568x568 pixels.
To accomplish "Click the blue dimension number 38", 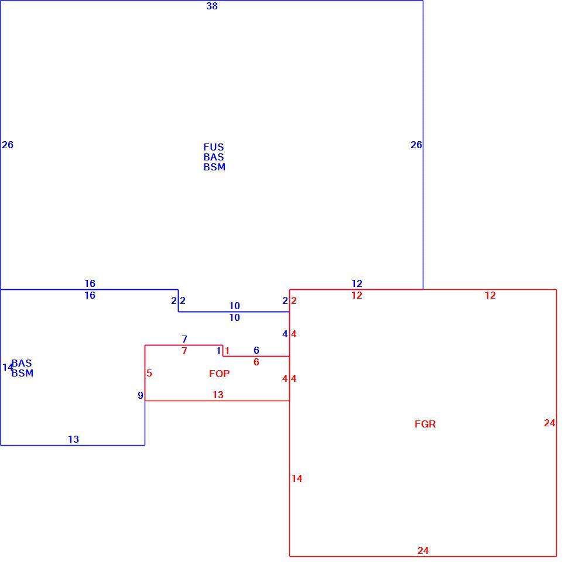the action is pos(212,6).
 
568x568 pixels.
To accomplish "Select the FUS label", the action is pos(214,147).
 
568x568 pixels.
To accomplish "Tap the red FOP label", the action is pos(219,374).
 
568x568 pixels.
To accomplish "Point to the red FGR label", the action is pos(425,424).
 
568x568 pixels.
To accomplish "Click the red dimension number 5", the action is pos(149,373).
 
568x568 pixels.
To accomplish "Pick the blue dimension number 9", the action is pos(141,396).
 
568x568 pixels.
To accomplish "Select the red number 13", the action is pos(218,395).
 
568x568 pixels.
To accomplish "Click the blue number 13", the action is pos(74,439).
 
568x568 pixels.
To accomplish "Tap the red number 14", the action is pos(297,478).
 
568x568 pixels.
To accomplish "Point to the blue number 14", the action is pos(7,367).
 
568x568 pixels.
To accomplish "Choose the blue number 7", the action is pos(184,339).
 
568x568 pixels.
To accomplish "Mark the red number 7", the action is pos(184,351).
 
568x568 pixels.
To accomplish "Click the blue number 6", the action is pos(256,350).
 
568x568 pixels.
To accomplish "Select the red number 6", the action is pos(256,362).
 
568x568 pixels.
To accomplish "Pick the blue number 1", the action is pos(218,351).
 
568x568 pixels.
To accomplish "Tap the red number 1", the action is pos(227,351).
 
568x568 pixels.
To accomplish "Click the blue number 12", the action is pos(357,283).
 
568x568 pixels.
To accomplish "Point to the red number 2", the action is pos(294,300).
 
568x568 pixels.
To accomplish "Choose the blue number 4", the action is pos(285,334).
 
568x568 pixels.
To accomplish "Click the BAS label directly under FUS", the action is pos(214,157).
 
